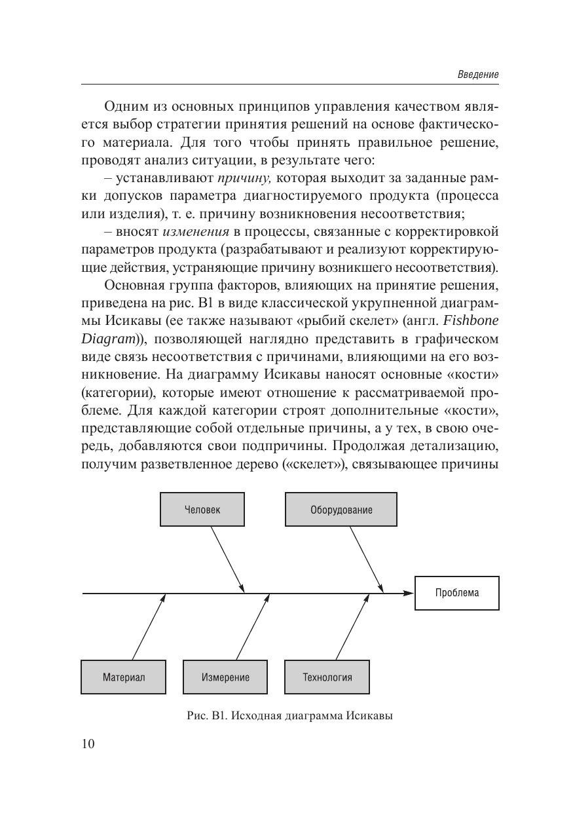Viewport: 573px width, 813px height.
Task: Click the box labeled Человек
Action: pyautogui.click(x=202, y=510)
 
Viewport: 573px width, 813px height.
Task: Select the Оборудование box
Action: pyautogui.click(x=341, y=510)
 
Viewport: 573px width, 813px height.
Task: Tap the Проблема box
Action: pyautogui.click(x=456, y=593)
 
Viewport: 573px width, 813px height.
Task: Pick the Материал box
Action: pyautogui.click(x=123, y=677)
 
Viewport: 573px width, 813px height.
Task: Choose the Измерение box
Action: pyautogui.click(x=225, y=677)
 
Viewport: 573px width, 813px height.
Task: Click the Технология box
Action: pyautogui.click(x=327, y=677)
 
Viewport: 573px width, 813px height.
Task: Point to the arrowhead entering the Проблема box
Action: pyautogui.click(x=409, y=593)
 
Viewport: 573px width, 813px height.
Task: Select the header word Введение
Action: pyautogui.click(x=477, y=75)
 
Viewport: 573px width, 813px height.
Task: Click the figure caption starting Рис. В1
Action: pyautogui.click(x=289, y=715)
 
